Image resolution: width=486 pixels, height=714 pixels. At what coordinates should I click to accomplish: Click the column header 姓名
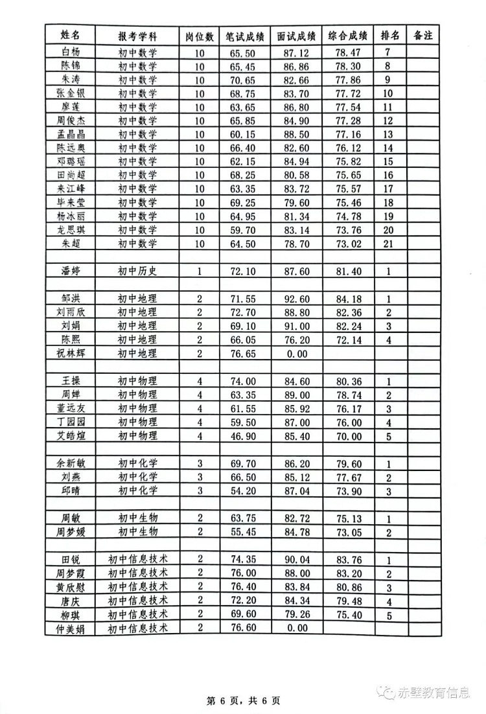(x=70, y=35)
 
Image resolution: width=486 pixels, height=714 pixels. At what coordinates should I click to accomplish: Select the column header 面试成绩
(x=295, y=35)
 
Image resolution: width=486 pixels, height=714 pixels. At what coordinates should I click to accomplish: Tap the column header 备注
(x=422, y=35)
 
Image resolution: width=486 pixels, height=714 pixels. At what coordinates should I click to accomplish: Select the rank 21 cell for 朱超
(x=388, y=244)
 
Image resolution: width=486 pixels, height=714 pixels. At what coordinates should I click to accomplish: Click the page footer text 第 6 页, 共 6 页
(x=243, y=700)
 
